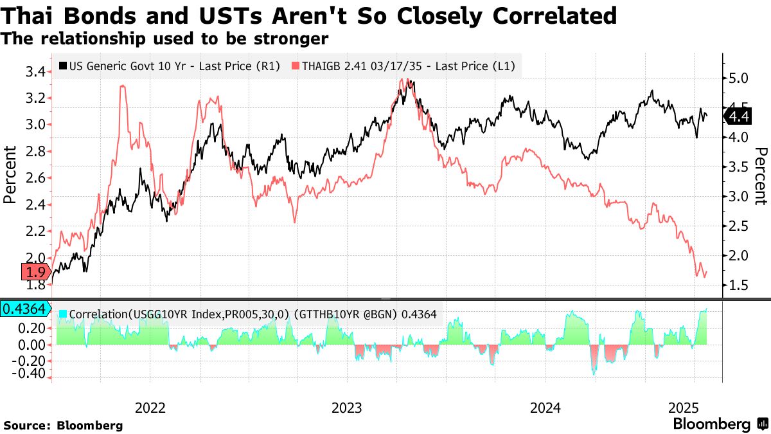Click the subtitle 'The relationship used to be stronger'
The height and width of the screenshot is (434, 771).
coord(165,39)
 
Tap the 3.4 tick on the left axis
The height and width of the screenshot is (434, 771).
coord(36,71)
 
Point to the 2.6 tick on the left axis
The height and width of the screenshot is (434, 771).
coord(36,178)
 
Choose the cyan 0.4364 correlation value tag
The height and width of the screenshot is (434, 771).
coord(24,309)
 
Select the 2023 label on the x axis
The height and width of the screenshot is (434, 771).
coord(347,408)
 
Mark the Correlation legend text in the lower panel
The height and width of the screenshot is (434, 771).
coord(247,315)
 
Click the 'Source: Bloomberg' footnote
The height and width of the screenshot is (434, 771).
coord(63,425)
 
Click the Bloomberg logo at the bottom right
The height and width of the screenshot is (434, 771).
coord(720,424)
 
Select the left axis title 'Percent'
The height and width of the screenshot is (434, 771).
coord(10,175)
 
